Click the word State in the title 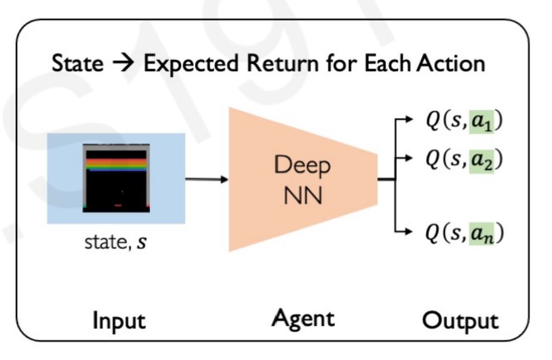[78, 64]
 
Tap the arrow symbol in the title [123, 64]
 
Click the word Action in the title [450, 64]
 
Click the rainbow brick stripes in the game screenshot [116, 164]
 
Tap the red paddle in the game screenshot [118, 205]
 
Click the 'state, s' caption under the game [115, 242]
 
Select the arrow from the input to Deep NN [207, 179]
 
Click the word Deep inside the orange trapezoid [302, 165]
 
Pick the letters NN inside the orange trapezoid [303, 195]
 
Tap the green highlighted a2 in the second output [481, 161]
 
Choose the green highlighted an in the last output [481, 234]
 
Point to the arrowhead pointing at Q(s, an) [408, 232]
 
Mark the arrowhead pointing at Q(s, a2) [408, 158]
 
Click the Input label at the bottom [119, 321]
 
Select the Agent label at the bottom [303, 319]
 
